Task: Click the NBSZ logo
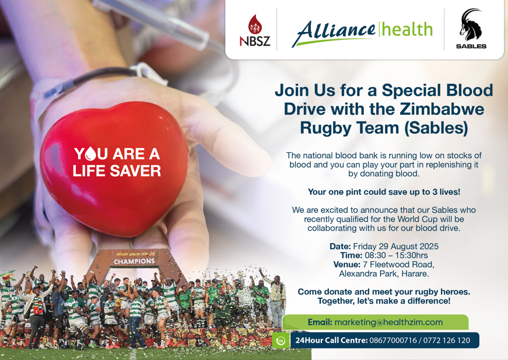click(x=255, y=30)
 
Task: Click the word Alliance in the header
click(x=333, y=30)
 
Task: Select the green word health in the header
click(x=407, y=29)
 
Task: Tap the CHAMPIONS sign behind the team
click(x=135, y=261)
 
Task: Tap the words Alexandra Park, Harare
click(x=384, y=273)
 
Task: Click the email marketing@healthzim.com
click(x=388, y=322)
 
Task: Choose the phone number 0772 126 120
click(x=447, y=340)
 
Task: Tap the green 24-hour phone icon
click(x=281, y=341)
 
